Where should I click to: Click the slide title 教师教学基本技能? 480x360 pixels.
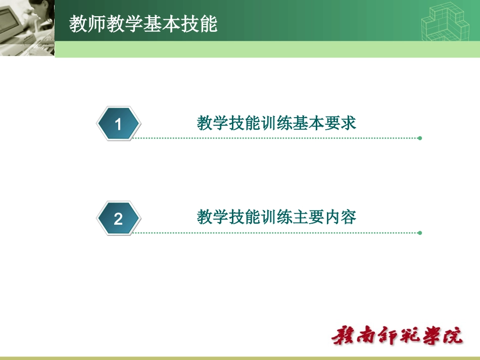pos(143,24)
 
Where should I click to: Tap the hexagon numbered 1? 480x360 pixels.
pos(118,124)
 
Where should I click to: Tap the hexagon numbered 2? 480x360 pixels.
pos(118,219)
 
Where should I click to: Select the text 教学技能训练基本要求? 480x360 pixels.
pos(276,123)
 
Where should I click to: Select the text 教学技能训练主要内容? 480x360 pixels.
pos(276,218)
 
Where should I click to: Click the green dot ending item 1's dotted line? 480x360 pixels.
pos(420,138)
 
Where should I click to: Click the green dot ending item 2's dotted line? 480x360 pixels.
pos(420,233)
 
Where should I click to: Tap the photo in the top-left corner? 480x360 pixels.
pos(26,27)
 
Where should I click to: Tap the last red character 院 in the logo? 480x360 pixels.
pos(452,336)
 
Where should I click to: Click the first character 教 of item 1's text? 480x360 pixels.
pos(205,123)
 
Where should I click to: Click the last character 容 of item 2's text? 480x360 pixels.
pos(349,218)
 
